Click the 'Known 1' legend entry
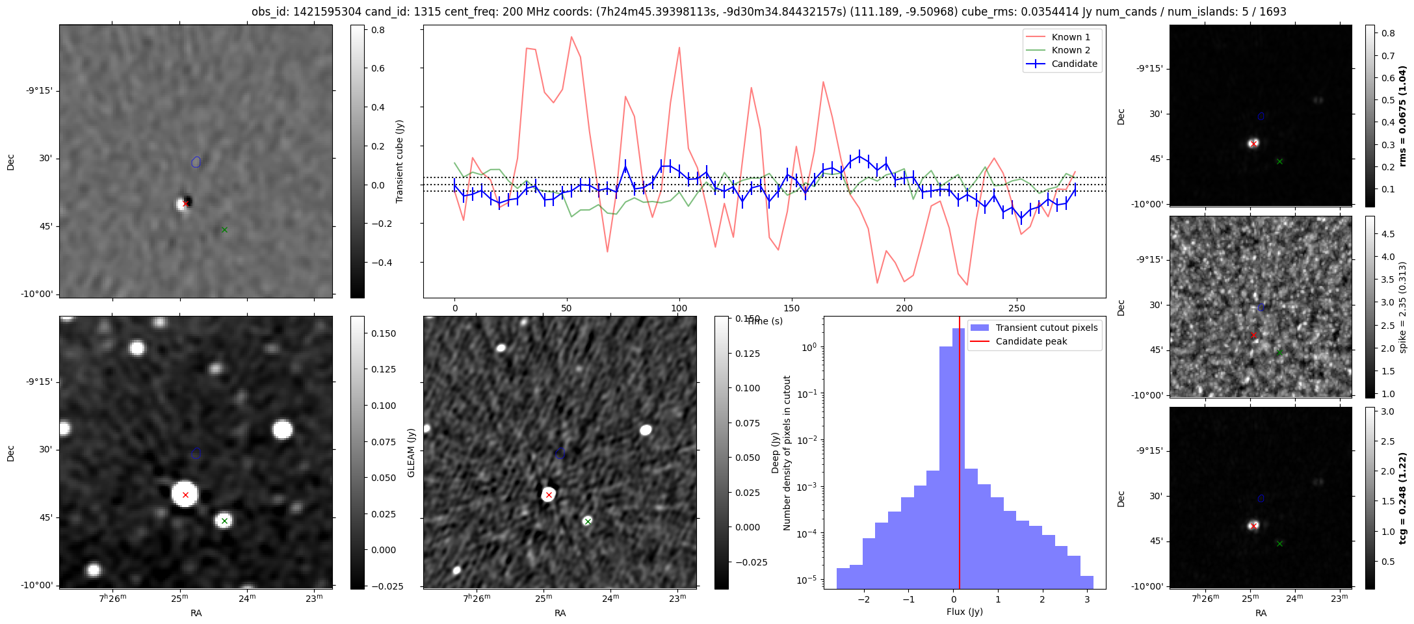(1070, 37)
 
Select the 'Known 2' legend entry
(1070, 50)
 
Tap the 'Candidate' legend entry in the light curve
(1074, 64)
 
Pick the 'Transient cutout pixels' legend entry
(1046, 328)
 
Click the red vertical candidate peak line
(960, 455)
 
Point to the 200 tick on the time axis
(904, 308)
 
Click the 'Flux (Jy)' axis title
(964, 612)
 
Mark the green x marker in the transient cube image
(224, 229)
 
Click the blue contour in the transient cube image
(196, 162)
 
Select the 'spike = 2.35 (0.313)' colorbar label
(1402, 307)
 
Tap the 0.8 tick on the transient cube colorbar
(378, 30)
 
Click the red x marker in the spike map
(1253, 335)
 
